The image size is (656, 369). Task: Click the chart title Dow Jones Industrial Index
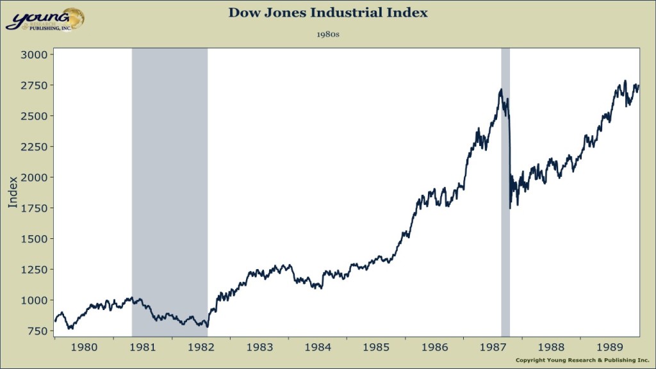[x=328, y=13]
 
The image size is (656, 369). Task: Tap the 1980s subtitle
[x=328, y=35]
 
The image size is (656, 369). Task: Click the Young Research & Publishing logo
[x=45, y=19]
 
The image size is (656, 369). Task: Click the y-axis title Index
[x=13, y=192]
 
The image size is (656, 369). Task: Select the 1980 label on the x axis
[x=84, y=347]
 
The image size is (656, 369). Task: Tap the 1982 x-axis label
[x=201, y=347]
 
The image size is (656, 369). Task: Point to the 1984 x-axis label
[x=318, y=347]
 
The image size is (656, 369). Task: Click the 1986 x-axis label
[x=434, y=347]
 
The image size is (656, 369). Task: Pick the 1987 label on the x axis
[x=493, y=347]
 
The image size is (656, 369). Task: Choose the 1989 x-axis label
[x=610, y=347]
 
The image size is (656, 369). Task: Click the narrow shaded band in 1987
[x=505, y=192]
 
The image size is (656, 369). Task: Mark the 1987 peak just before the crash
[x=501, y=89]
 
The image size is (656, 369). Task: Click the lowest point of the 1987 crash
[x=510, y=208]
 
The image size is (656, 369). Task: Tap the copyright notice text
[x=582, y=360]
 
